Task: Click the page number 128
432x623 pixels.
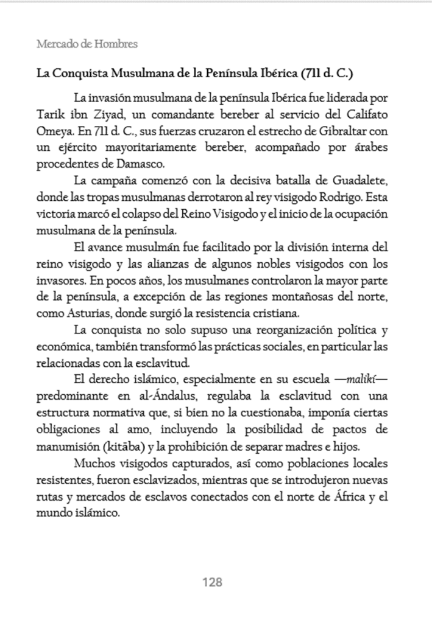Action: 212,582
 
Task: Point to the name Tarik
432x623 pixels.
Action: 51,114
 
